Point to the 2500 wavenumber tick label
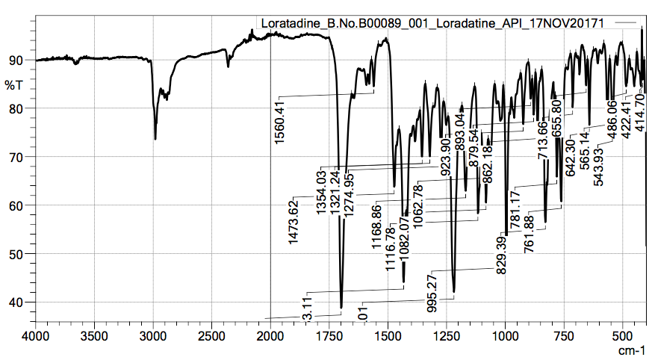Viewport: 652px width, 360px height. (x=211, y=336)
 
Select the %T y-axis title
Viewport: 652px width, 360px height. (x=15, y=85)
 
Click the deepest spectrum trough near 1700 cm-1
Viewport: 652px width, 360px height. (x=341, y=307)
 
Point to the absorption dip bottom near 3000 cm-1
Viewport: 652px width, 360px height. (x=155, y=138)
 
